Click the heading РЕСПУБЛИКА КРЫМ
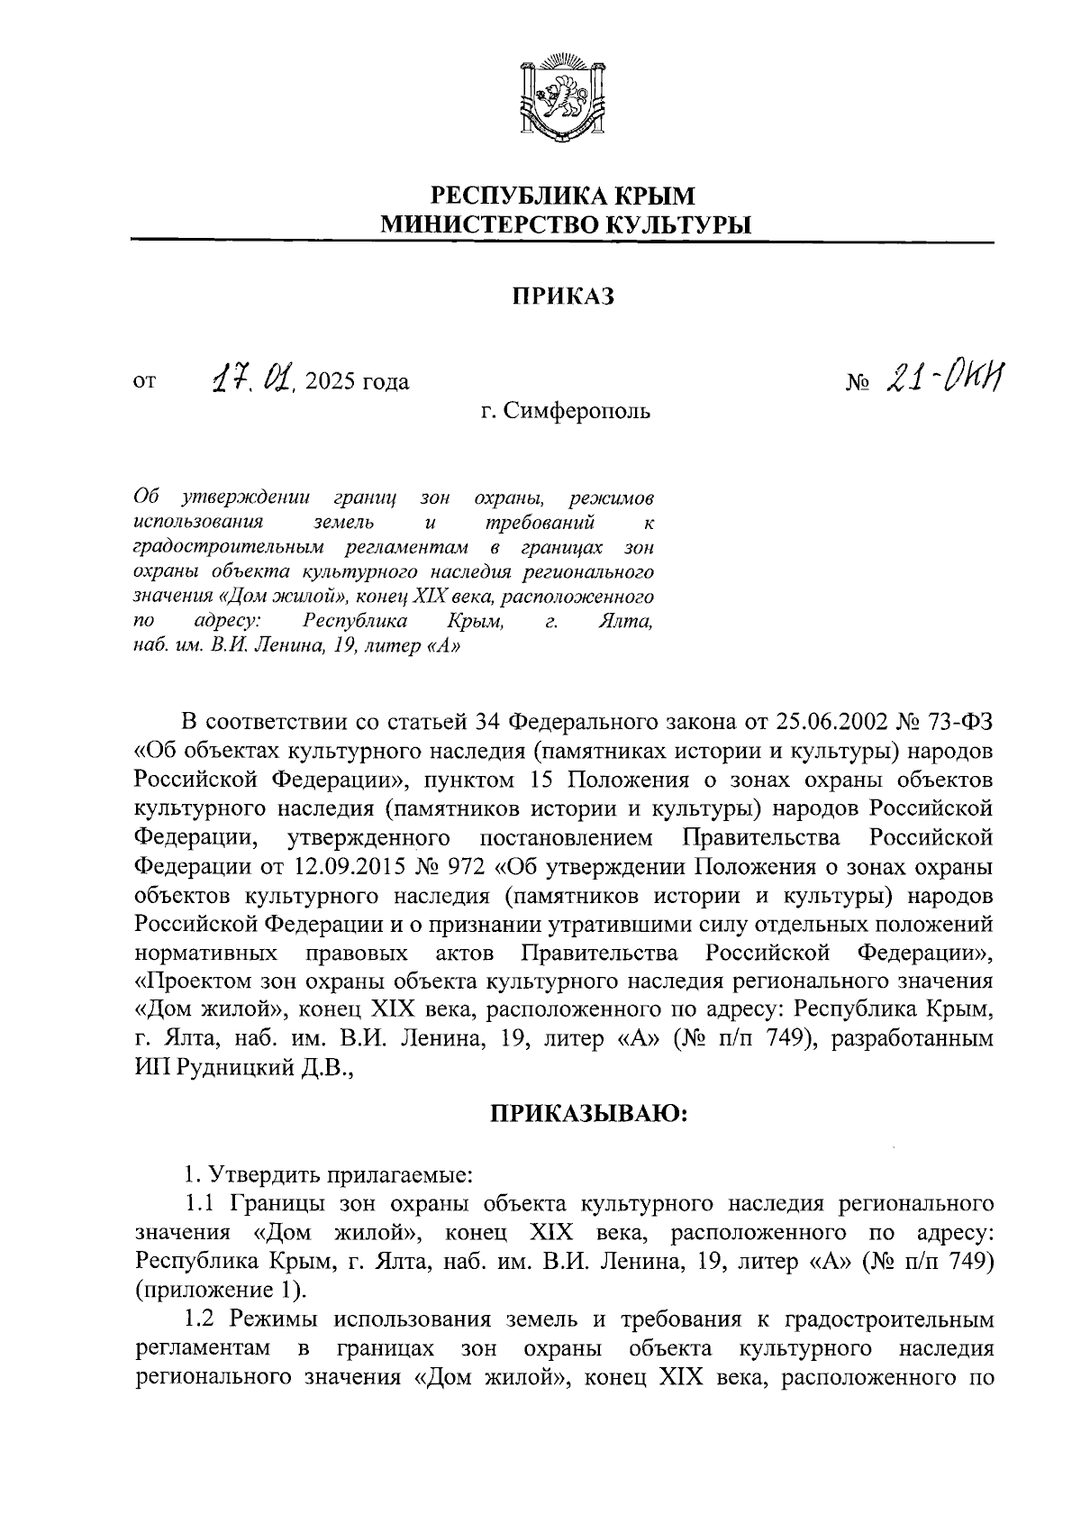click(564, 195)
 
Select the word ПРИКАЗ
click(563, 296)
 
